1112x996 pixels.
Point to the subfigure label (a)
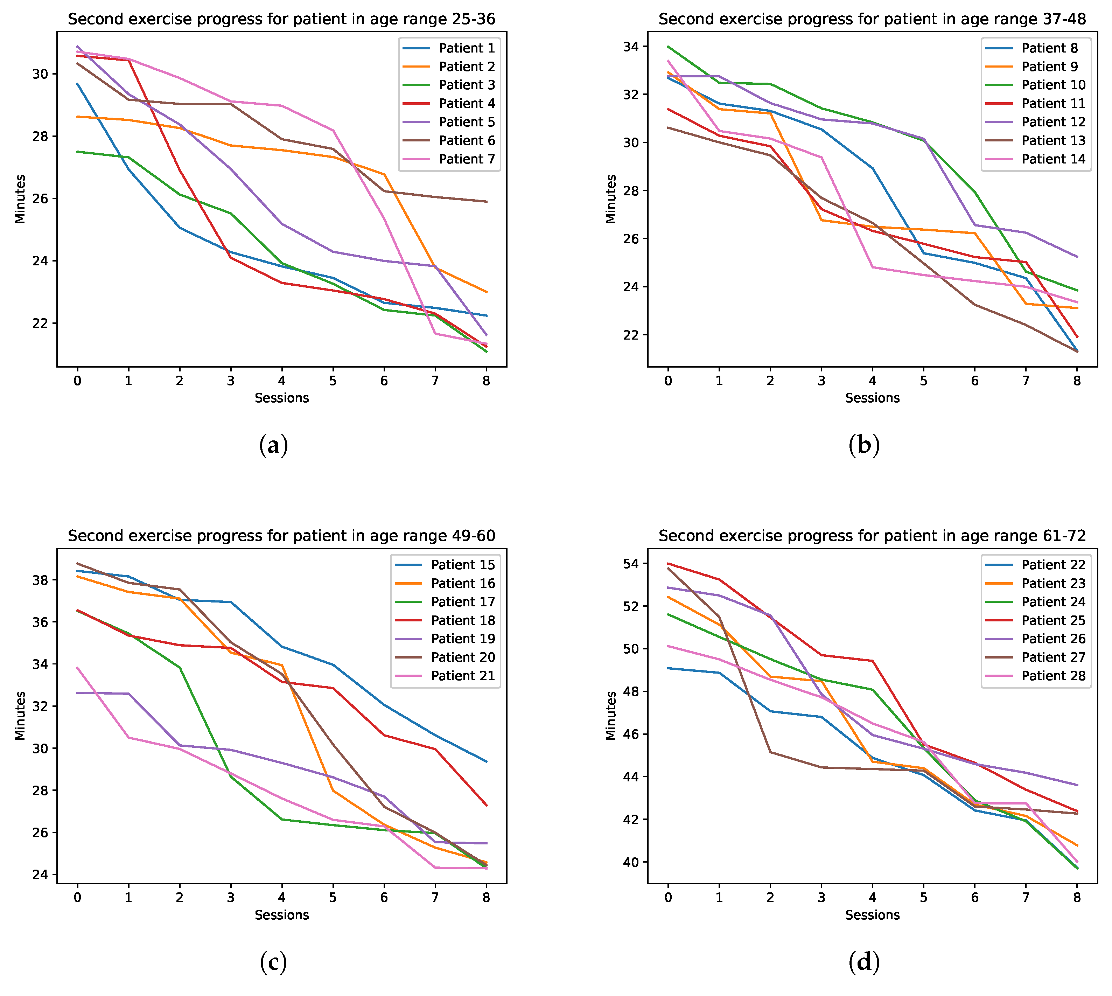click(273, 445)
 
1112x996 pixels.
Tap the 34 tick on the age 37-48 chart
click(631, 47)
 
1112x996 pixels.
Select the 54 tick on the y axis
click(631, 564)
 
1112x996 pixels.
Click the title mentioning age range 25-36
click(281, 19)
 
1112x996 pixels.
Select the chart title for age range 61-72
click(872, 536)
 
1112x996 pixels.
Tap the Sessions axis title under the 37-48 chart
click(872, 398)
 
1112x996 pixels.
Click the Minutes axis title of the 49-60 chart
click(20, 716)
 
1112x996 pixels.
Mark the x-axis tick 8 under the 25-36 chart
click(486, 381)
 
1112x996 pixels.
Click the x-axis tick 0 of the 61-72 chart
click(668, 898)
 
